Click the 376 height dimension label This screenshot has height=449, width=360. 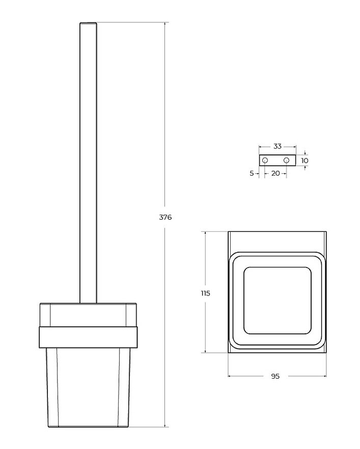[x=165, y=217]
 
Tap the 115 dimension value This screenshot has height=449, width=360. [x=206, y=293]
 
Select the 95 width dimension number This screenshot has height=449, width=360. [x=275, y=376]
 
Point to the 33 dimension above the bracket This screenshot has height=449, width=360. [x=278, y=146]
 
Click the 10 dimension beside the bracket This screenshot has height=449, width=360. [x=305, y=161]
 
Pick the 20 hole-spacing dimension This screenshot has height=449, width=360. [x=275, y=173]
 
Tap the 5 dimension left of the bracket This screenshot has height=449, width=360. [x=252, y=173]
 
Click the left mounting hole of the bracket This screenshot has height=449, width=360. [x=265, y=160]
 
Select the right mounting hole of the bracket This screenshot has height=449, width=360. [x=287, y=160]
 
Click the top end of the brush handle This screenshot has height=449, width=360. [x=88, y=22]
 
